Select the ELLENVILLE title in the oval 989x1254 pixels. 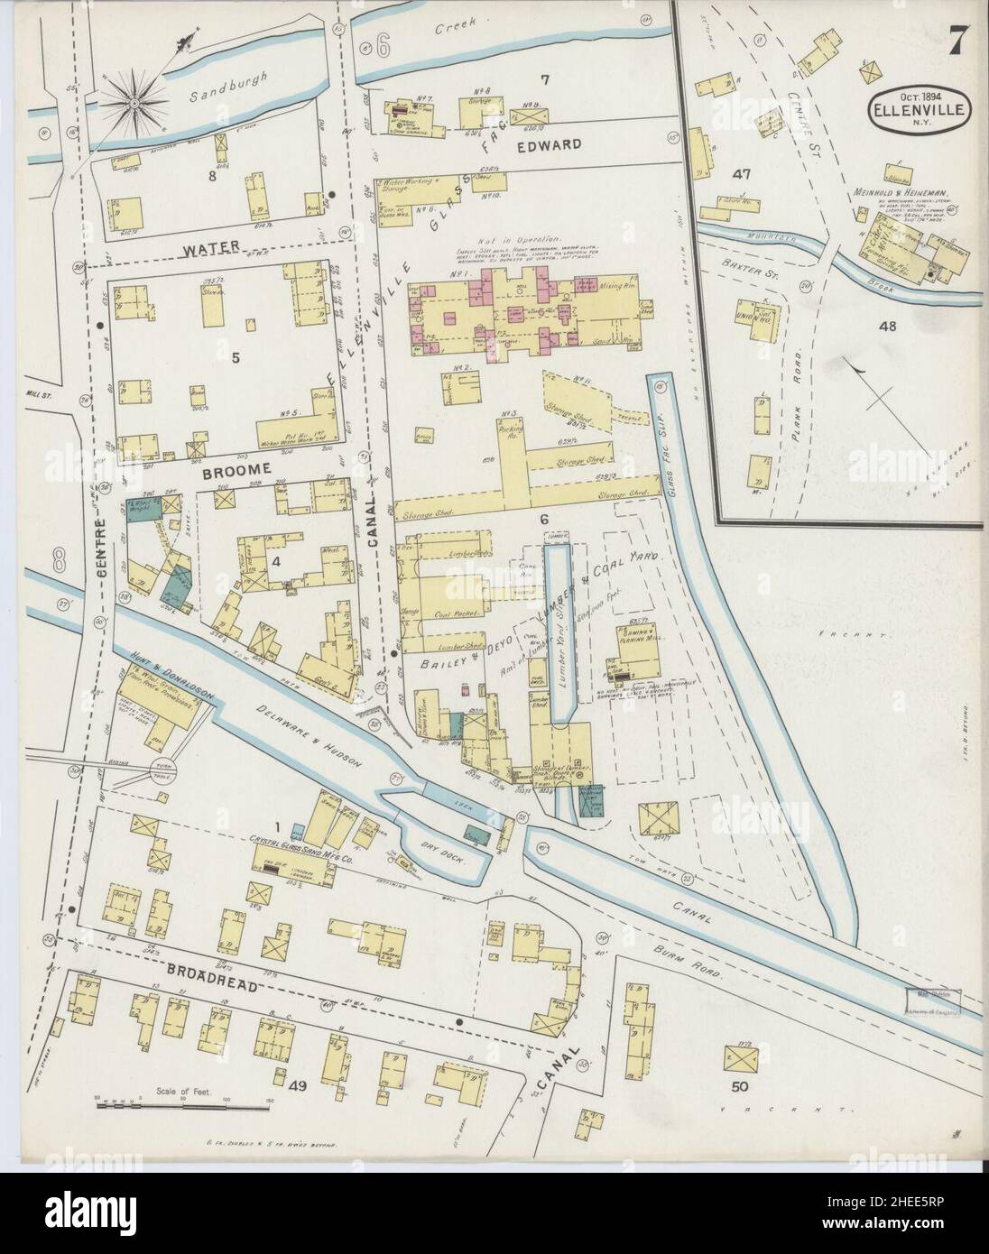pos(920,111)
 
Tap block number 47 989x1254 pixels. pos(743,173)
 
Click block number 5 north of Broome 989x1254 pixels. pos(236,358)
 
